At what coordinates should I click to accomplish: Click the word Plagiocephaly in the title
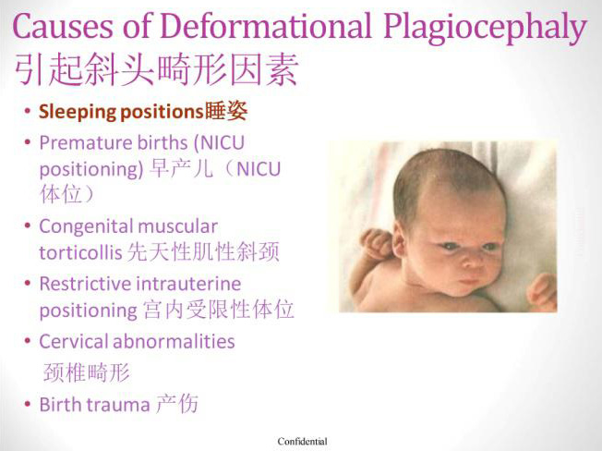pyautogui.click(x=486, y=27)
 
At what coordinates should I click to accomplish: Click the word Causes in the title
pyautogui.click(x=63, y=26)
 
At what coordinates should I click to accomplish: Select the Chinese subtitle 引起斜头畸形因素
pyautogui.click(x=156, y=69)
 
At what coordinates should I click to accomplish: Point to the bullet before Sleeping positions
pyautogui.click(x=27, y=112)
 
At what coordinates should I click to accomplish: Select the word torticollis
pyautogui.click(x=80, y=253)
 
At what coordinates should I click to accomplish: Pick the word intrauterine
pyautogui.click(x=189, y=285)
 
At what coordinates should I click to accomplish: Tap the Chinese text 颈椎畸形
pyautogui.click(x=87, y=372)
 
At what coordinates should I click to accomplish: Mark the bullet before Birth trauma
pyautogui.click(x=27, y=405)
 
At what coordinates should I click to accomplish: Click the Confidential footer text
pyautogui.click(x=303, y=442)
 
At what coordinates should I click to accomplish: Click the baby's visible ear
pyautogui.click(x=398, y=240)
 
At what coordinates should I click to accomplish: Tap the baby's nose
pyautogui.click(x=473, y=261)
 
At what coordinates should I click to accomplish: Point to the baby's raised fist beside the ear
pyautogui.click(x=376, y=243)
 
